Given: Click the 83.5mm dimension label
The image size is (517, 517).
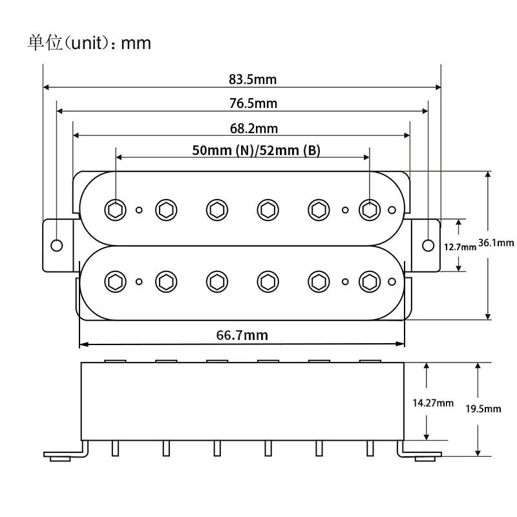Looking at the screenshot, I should (252, 79).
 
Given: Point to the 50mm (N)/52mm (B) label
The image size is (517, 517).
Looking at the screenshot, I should (257, 150).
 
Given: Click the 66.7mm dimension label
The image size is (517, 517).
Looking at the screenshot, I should (242, 335).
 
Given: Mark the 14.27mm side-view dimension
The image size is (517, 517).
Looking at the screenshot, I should (432, 403).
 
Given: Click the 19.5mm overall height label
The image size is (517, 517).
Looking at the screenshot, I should (483, 408).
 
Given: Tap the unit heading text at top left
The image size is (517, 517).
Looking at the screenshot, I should (89, 43).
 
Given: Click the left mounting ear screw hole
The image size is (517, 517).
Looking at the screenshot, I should (56, 245).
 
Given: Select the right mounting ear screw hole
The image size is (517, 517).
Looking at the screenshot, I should (428, 245).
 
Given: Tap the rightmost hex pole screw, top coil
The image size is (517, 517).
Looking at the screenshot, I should (369, 209).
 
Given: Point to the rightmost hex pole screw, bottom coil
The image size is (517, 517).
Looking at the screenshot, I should (369, 281).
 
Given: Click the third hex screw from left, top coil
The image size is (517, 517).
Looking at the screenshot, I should (215, 209).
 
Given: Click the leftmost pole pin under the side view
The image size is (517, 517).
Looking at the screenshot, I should (114, 447).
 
